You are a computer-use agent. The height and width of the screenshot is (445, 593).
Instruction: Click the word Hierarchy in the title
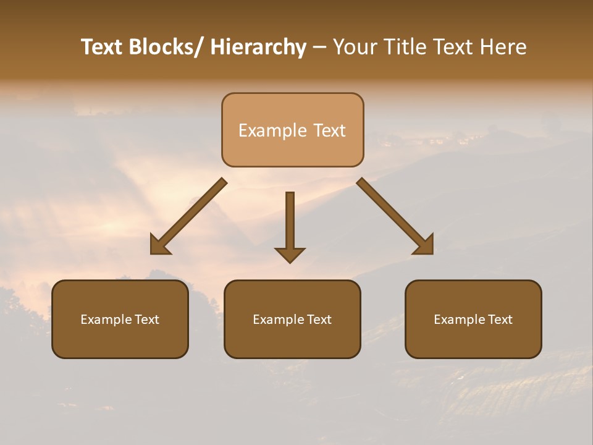(258, 48)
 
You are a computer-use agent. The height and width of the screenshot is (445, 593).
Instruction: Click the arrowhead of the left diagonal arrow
(159, 245)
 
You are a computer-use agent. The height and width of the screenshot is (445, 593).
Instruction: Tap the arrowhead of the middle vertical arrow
(290, 255)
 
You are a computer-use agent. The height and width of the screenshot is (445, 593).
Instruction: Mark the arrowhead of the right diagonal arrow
(425, 245)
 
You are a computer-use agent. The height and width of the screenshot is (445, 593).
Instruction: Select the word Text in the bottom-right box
(500, 320)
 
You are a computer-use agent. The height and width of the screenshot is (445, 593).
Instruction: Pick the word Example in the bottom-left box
(106, 320)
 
